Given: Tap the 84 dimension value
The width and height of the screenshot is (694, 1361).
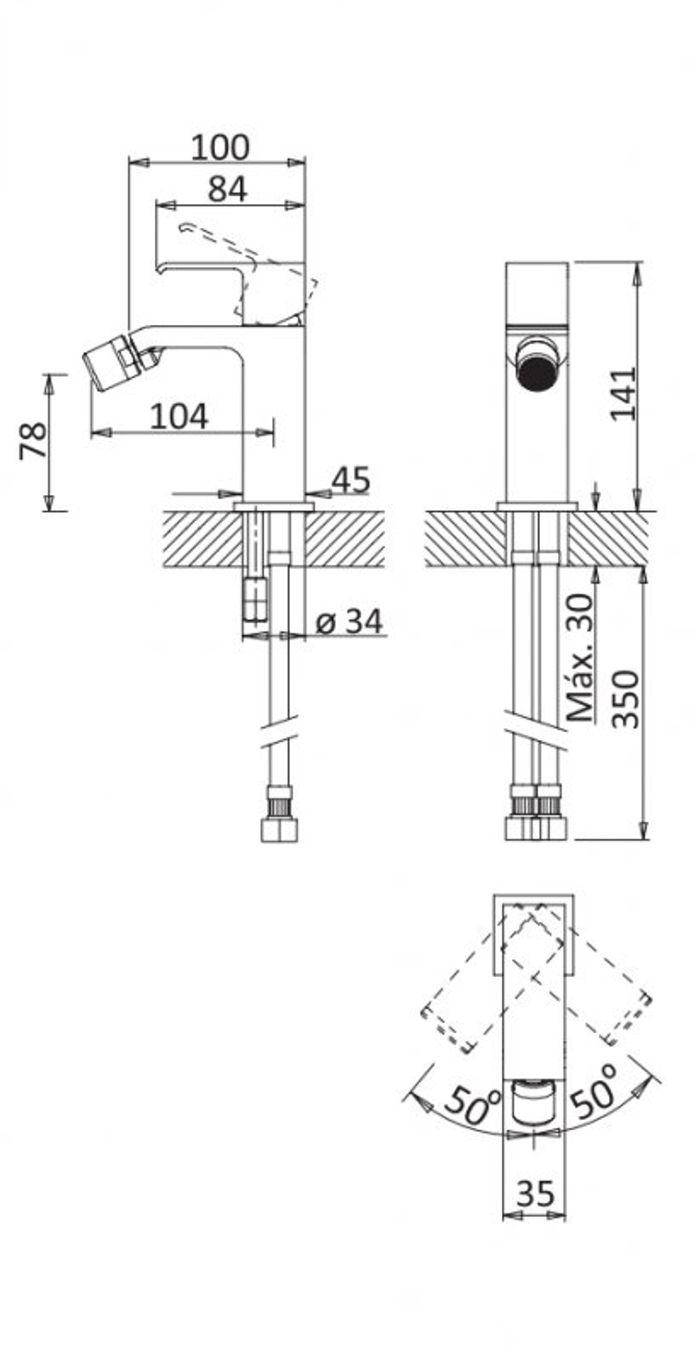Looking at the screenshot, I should click(x=228, y=189).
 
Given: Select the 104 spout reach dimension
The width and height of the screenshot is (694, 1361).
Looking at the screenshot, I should click(x=179, y=416).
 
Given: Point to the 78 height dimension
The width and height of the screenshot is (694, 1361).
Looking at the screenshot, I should click(x=33, y=441).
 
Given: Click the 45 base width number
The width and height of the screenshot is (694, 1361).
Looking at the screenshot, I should click(x=350, y=480).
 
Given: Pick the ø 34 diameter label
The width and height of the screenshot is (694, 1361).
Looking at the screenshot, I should click(x=348, y=621).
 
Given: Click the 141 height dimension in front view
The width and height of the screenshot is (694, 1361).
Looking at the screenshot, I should click(x=623, y=394).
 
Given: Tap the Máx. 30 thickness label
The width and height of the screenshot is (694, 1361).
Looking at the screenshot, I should click(x=580, y=657).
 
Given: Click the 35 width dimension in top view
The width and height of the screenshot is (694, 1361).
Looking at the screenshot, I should click(x=536, y=1194).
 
